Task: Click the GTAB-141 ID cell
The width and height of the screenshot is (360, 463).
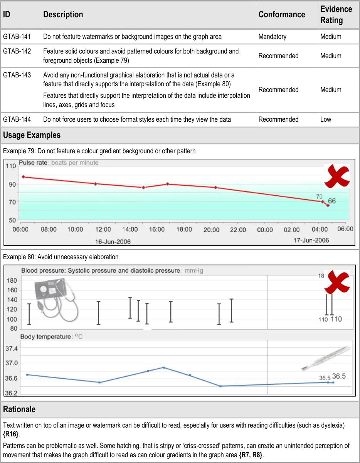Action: point(17,37)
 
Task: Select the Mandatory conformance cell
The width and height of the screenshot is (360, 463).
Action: point(272,37)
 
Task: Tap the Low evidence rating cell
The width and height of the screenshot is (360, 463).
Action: point(325,119)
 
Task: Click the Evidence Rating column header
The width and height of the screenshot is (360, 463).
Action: point(336,15)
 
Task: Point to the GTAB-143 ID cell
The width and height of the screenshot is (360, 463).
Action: point(17,75)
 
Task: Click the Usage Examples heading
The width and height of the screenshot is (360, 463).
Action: point(32,135)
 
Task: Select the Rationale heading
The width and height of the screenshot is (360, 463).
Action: point(19,409)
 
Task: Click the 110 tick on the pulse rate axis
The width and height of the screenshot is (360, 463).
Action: point(11,166)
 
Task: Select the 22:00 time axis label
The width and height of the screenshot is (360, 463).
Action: point(238,230)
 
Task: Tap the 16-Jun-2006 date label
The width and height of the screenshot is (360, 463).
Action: point(113,242)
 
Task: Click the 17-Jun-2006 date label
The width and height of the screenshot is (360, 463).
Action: point(311,240)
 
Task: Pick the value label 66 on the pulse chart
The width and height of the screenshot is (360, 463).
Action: point(331,201)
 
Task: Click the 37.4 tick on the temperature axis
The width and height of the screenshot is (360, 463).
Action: point(11,348)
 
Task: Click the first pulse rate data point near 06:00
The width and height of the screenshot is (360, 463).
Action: point(23,177)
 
